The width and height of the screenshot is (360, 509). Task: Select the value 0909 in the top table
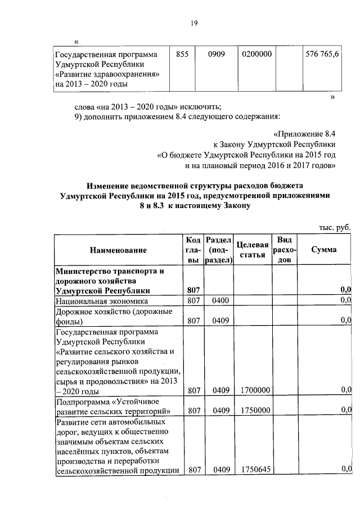click(217, 55)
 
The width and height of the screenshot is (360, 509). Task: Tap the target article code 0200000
click(257, 55)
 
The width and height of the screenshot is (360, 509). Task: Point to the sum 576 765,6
click(322, 55)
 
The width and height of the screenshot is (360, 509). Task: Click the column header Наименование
click(118, 250)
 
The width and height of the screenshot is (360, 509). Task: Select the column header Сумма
click(324, 249)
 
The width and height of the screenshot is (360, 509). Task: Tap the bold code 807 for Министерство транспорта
click(194, 290)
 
